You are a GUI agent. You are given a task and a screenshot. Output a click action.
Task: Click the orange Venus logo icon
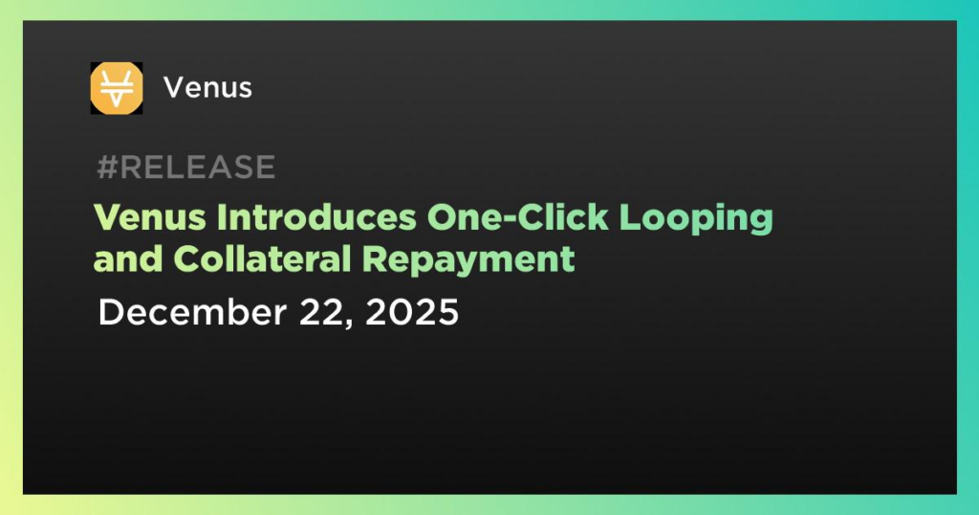click(117, 87)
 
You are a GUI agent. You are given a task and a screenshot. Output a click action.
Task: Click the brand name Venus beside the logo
click(207, 88)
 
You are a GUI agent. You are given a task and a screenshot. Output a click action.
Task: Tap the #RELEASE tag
click(186, 168)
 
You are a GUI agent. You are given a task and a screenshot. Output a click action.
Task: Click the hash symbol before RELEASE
click(107, 168)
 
